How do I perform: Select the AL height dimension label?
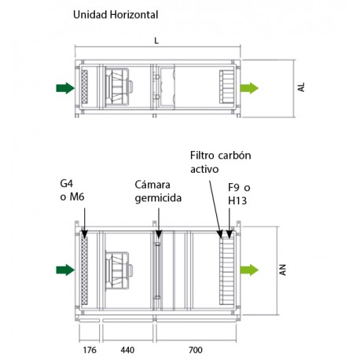301,88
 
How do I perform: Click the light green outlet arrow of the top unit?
250,87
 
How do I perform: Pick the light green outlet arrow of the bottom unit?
250,270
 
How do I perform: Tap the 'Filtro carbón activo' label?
219,163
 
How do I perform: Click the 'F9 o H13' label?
239,195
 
